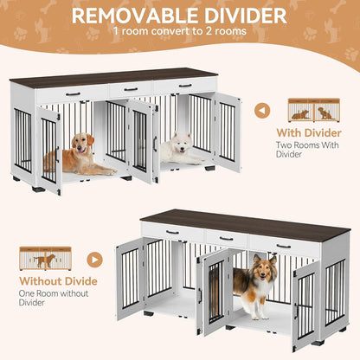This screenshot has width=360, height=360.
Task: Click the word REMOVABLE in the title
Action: pyautogui.click(x=126, y=16)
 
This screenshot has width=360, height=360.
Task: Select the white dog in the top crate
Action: pyautogui.click(x=179, y=149)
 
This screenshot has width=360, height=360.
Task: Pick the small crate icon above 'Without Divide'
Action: pyautogui.click(x=46, y=259)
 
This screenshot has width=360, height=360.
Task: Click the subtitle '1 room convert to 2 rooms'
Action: pyautogui.click(x=179, y=32)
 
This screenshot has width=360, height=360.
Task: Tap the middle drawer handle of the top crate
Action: pyautogui.click(x=130, y=89)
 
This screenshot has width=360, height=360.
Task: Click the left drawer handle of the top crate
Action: pyautogui.click(x=73, y=93)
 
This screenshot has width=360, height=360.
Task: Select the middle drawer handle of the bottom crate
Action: pyautogui.click(x=226, y=238)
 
